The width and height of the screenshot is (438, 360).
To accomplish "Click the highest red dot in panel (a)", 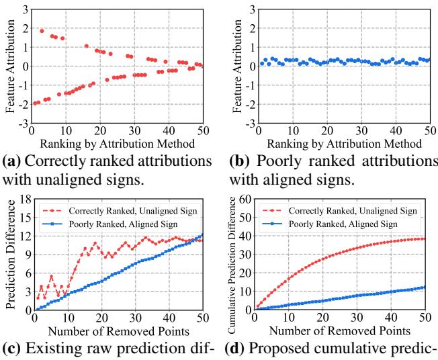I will point(42,31).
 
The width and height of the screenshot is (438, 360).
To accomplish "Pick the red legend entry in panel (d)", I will point(340,210).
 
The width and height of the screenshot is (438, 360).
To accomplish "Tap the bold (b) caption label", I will point(234,162).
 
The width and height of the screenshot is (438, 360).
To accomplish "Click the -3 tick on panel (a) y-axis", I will point(24,124).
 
